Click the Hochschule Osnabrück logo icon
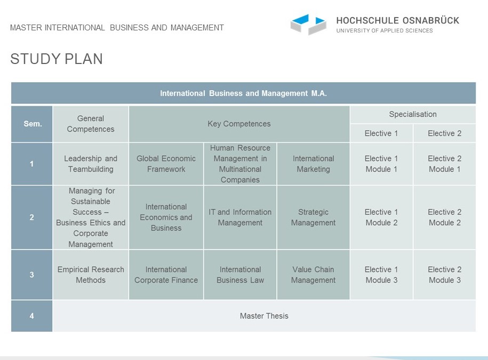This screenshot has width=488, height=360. click(x=308, y=24)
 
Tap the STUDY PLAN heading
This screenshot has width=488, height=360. click(x=57, y=59)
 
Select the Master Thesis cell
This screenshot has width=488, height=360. click(x=264, y=316)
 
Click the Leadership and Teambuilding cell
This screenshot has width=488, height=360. click(x=91, y=164)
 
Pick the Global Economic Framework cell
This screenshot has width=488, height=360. click(x=166, y=164)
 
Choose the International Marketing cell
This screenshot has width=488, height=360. click(x=313, y=164)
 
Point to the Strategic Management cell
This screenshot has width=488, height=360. click(x=313, y=217)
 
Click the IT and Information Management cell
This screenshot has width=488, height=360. click(x=240, y=217)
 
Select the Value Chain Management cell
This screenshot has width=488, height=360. click(x=313, y=275)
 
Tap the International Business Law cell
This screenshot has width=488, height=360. click(x=240, y=275)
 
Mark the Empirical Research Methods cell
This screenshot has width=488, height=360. click(x=91, y=275)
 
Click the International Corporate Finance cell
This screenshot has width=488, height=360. click(x=166, y=275)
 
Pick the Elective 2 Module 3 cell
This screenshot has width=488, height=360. click(x=444, y=275)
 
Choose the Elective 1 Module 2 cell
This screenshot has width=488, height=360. click(x=381, y=217)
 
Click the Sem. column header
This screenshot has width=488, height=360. click(x=32, y=124)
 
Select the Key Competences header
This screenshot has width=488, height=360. click(x=239, y=124)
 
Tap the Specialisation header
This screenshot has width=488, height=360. click(x=413, y=114)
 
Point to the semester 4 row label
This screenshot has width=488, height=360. click(x=32, y=316)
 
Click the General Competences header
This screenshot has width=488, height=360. click(x=91, y=124)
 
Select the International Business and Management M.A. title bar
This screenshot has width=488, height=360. click(x=243, y=93)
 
